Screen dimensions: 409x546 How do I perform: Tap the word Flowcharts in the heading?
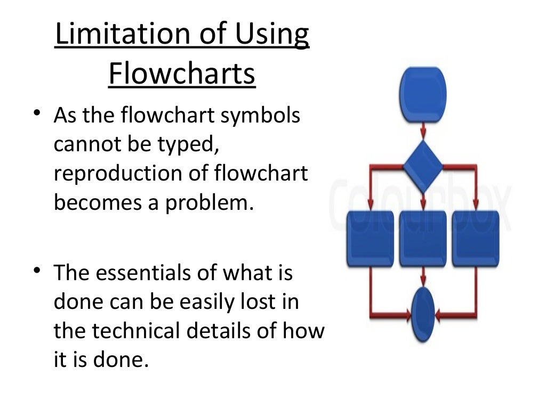(x=182, y=74)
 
